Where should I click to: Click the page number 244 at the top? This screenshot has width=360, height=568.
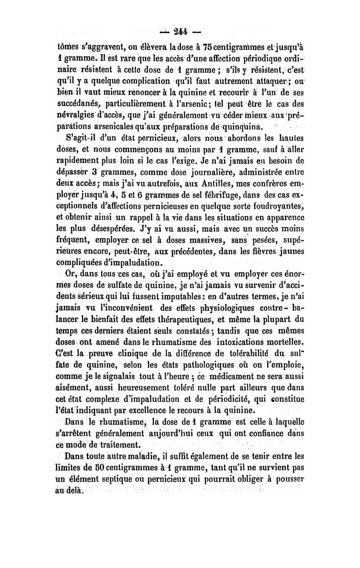(x=180, y=33)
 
